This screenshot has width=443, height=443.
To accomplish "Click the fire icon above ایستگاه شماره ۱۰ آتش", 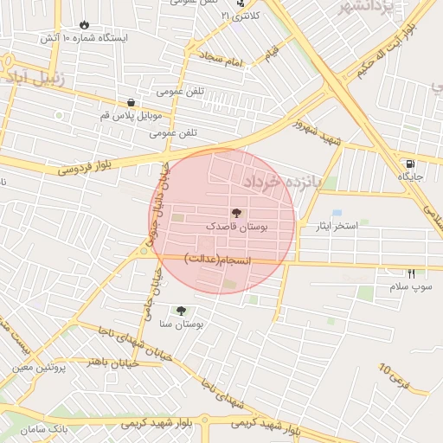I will (84, 25).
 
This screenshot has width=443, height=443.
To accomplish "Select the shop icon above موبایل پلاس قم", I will (131, 101).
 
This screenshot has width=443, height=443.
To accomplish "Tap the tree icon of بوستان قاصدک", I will (236, 212).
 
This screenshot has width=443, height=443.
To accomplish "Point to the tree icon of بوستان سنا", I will (181, 311).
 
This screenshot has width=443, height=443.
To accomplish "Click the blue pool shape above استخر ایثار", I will (337, 213).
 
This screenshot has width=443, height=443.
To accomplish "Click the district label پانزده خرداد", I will (281, 182).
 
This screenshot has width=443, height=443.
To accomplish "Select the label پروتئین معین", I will (40, 367).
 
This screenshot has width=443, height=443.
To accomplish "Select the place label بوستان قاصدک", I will (236, 226).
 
